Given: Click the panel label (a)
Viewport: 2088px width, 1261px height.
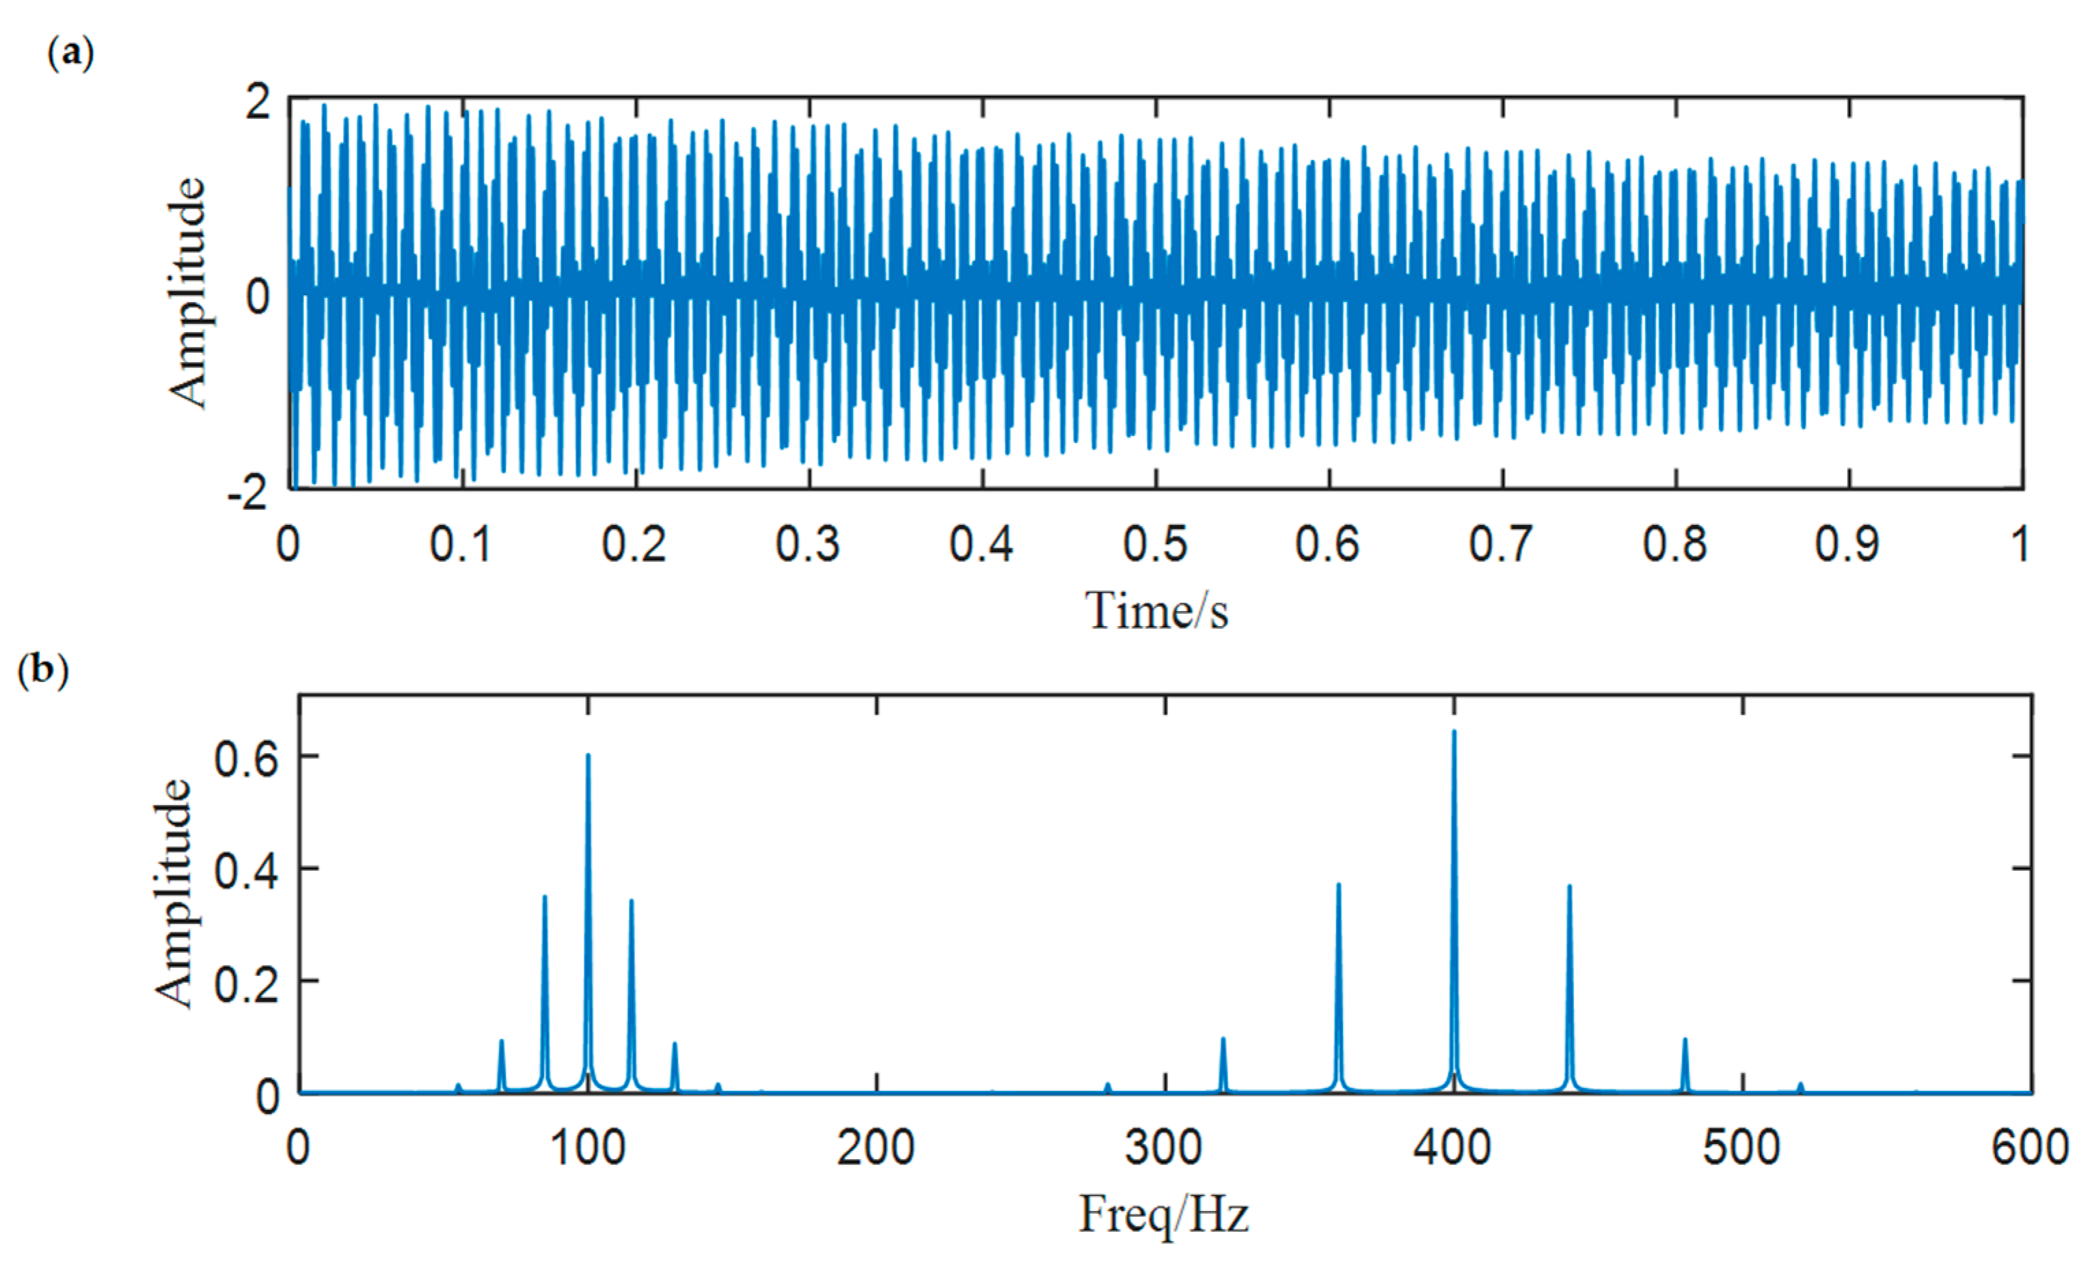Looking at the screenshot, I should tap(70, 54).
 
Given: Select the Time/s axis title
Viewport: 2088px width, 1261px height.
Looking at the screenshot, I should tap(1156, 611).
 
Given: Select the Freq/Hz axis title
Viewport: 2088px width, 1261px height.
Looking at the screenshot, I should tap(1163, 1214).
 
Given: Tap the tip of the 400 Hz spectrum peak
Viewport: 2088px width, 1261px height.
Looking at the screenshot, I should tap(1454, 731).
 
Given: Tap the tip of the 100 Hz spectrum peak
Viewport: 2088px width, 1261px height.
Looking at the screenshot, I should tap(588, 755).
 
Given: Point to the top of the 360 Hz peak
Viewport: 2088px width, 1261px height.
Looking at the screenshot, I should tap(1339, 884).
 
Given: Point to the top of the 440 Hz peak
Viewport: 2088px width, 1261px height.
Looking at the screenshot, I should tap(1569, 886).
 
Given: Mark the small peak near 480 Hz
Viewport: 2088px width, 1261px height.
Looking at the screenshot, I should tap(1685, 1040).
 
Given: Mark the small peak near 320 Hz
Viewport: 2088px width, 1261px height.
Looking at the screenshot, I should tap(1223, 1039).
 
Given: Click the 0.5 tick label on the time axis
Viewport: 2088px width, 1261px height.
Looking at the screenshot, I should tap(1156, 544).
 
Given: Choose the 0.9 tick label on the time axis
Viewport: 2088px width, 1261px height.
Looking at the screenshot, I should tap(1848, 544).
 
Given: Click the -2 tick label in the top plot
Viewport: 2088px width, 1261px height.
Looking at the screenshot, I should tap(247, 493).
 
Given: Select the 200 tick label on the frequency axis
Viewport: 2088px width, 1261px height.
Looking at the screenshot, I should tap(876, 1148).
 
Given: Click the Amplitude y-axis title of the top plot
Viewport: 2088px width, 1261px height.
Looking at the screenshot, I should tap(188, 293).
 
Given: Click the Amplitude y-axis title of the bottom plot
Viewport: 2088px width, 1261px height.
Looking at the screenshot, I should tap(173, 894).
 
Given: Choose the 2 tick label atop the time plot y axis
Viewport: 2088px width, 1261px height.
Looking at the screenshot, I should tap(258, 103).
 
